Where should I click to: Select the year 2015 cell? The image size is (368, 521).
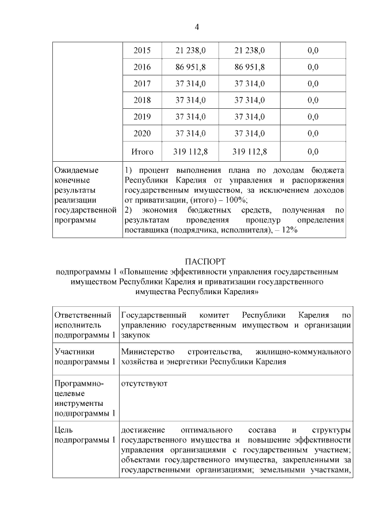(x=142, y=51)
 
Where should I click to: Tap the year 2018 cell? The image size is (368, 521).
(x=142, y=101)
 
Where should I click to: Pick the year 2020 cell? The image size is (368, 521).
(x=142, y=134)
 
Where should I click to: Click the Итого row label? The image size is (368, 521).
(x=142, y=152)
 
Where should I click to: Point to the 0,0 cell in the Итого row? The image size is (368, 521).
(x=313, y=152)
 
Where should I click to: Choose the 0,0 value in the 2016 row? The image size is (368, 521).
(x=313, y=67)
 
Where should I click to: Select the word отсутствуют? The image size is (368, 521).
(x=144, y=383)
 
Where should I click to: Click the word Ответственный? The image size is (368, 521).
(x=82, y=315)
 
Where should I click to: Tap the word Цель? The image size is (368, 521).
(x=63, y=430)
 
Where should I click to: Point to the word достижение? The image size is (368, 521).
(x=143, y=430)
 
